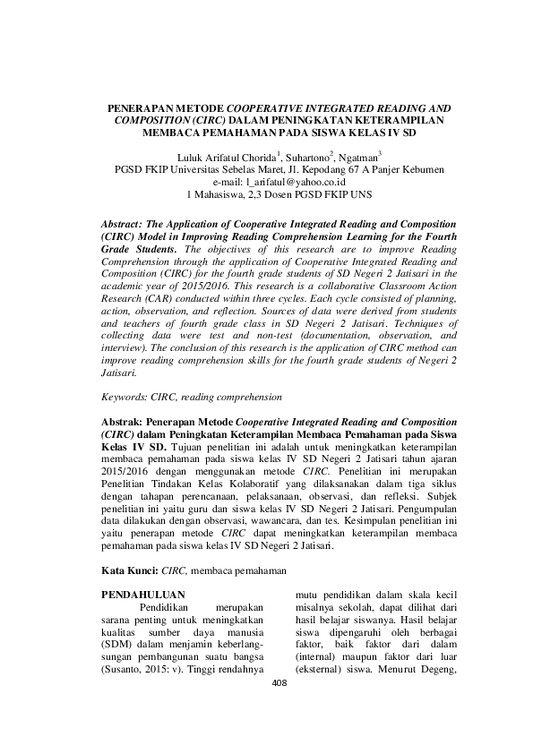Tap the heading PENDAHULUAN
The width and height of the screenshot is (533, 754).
point(143,594)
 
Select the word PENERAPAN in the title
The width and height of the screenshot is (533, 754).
point(138,107)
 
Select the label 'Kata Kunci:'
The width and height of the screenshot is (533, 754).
point(130,569)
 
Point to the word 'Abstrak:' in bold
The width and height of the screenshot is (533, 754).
point(127,420)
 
